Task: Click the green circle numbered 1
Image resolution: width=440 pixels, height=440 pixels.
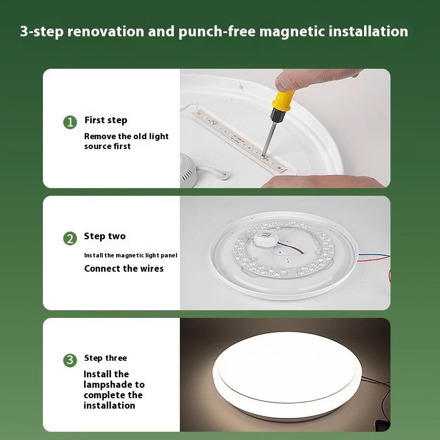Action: [x=69, y=122]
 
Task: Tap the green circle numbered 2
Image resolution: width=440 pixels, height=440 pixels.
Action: [x=69, y=238]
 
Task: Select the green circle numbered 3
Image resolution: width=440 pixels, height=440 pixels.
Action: [x=69, y=360]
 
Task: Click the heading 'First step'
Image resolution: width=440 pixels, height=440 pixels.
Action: [x=106, y=120]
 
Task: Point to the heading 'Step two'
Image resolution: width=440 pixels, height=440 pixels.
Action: [x=105, y=237]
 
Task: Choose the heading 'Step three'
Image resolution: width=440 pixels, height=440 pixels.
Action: [x=105, y=358]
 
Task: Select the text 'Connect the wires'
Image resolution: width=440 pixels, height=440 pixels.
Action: [x=124, y=268]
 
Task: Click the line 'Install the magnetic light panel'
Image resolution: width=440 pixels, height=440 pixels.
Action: [x=130, y=255]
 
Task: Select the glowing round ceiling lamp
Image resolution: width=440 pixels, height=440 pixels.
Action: [x=284, y=374]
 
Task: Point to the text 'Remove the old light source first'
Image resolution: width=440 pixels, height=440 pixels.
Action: [x=126, y=141]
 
